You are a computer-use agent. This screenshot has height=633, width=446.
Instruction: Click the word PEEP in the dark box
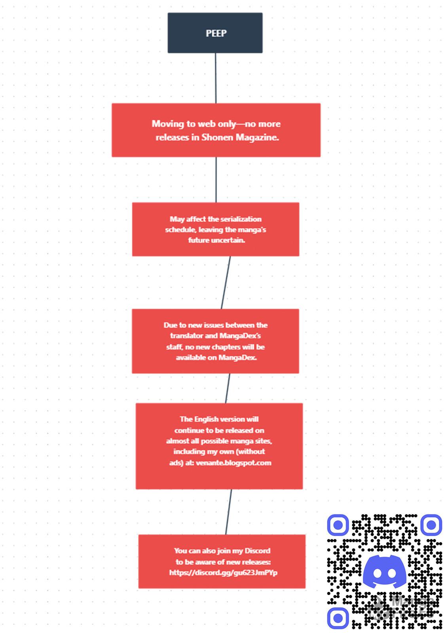[x=216, y=33]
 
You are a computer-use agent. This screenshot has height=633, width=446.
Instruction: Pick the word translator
[x=186, y=336]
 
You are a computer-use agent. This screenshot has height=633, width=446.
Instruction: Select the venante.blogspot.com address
[x=233, y=463]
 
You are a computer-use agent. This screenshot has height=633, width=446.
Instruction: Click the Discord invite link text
[x=223, y=573]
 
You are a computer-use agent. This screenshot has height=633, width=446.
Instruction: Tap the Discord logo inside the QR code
[x=384, y=572]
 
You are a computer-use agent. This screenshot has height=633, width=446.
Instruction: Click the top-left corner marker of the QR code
[x=338, y=525]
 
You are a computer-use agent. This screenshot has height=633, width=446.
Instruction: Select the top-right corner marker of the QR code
[x=431, y=525]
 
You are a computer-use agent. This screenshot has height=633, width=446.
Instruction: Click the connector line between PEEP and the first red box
[x=216, y=78]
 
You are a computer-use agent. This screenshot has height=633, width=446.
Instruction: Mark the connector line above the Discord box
[x=229, y=512]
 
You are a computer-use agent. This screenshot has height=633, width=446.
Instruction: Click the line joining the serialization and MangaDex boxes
[x=226, y=282]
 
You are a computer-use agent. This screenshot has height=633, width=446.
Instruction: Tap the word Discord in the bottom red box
[x=257, y=551]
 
